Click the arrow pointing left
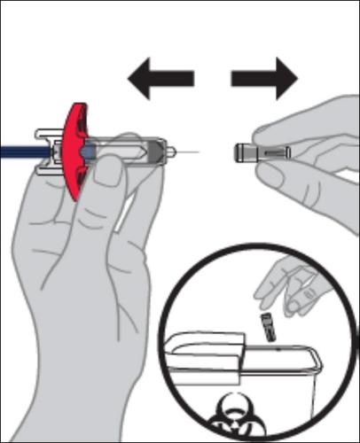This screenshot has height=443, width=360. pos(160,79)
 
